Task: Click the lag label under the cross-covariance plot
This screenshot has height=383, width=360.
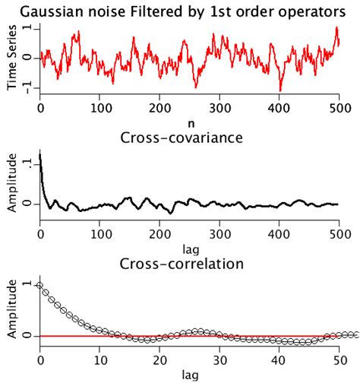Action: click(189, 248)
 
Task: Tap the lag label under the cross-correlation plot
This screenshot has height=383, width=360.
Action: click(189, 374)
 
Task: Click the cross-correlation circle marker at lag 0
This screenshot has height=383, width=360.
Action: click(40, 285)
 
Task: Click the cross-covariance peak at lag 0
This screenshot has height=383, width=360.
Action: click(40, 154)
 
